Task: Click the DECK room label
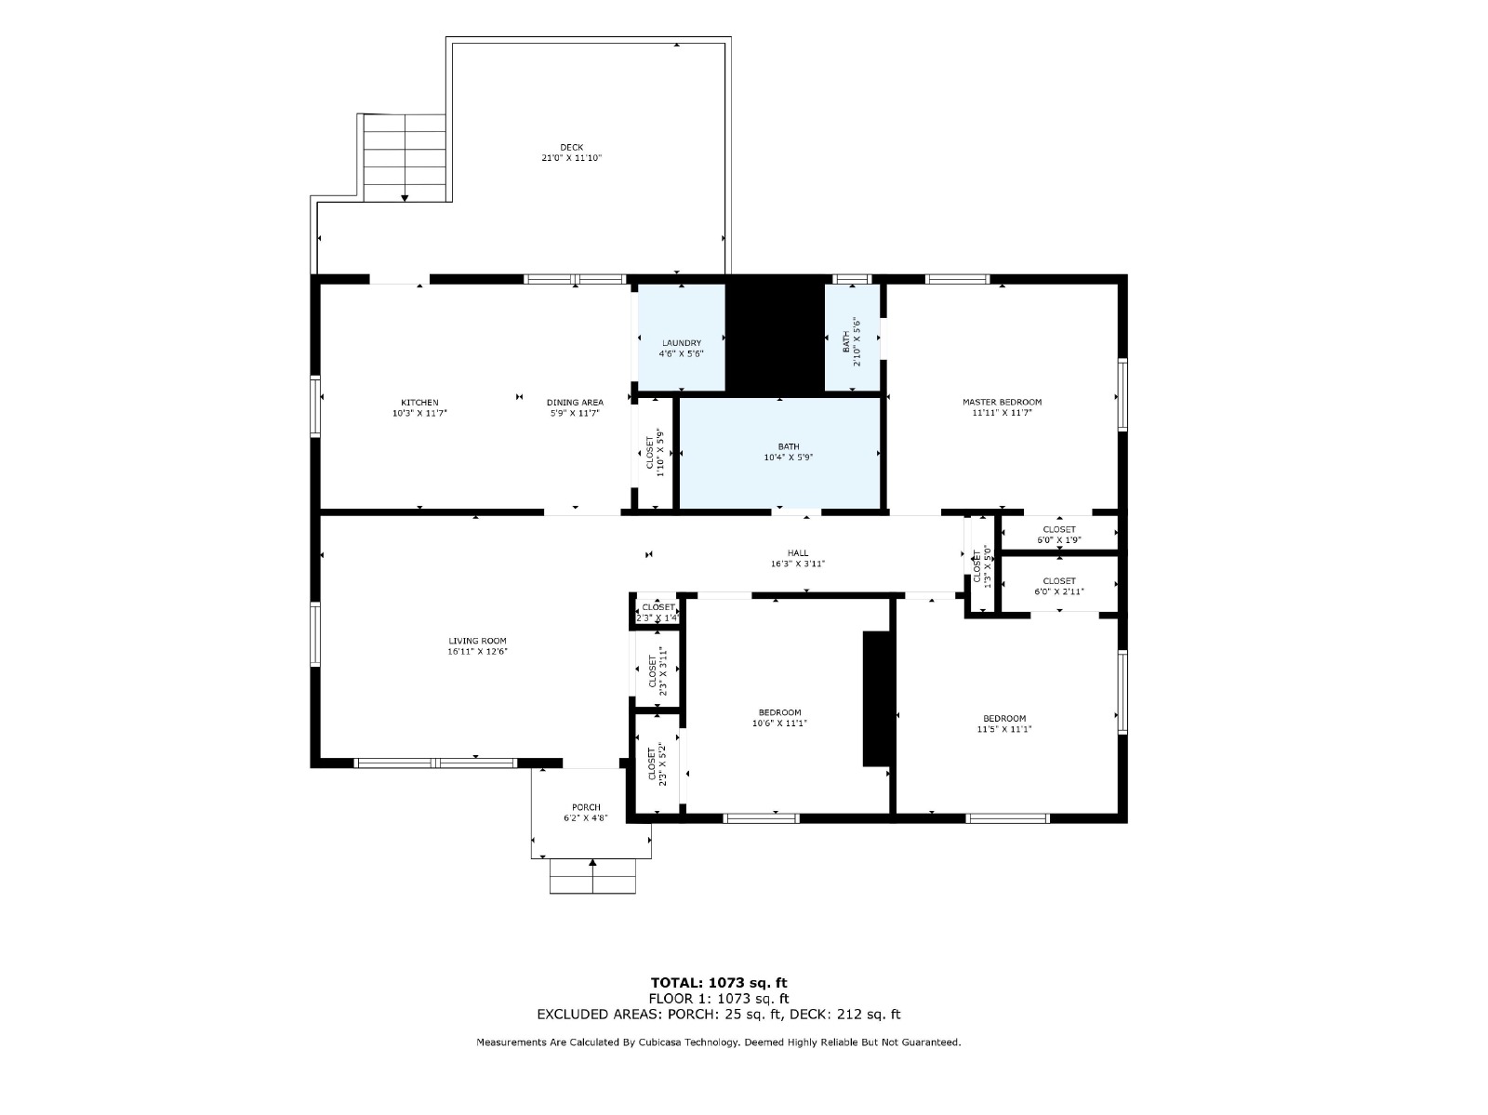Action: pos(571,147)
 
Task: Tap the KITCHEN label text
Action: pos(418,402)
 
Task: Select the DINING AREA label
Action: pos(574,402)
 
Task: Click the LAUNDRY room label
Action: pos(682,343)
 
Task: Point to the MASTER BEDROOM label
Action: pos(1002,402)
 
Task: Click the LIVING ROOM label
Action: pos(476,641)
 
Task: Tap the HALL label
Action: pos(797,553)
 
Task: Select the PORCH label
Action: pos(586,807)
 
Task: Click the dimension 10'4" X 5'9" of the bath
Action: pos(788,457)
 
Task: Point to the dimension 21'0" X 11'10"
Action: pos(571,158)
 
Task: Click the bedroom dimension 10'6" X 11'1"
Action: pos(779,723)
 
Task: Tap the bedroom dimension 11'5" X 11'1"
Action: pos(1003,729)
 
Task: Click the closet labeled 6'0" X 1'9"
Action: pos(1058,534)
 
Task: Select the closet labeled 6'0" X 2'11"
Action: pos(1058,586)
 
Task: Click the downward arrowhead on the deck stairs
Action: pos(404,198)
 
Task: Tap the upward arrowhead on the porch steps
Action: pos(591,863)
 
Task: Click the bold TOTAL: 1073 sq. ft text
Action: pos(719,983)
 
